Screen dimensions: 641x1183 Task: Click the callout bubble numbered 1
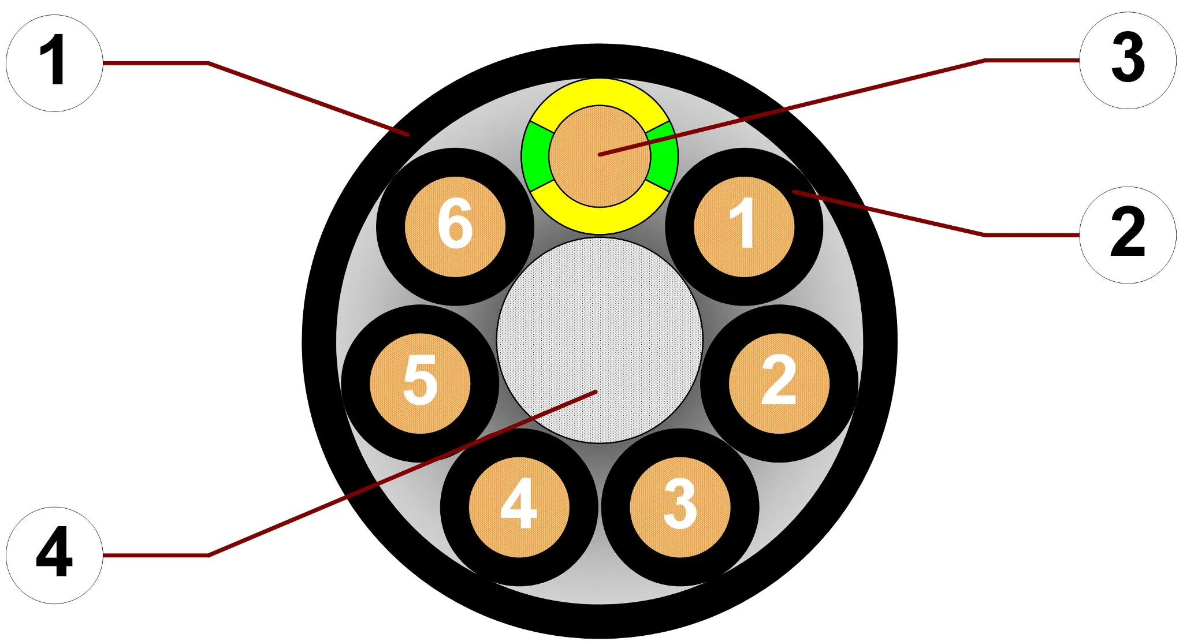click(x=54, y=63)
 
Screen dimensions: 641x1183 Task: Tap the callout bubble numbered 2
click(x=1128, y=235)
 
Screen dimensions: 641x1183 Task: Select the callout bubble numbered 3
click(x=1128, y=60)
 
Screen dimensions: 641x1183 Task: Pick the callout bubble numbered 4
click(x=54, y=555)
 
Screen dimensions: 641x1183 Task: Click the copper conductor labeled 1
click(x=744, y=226)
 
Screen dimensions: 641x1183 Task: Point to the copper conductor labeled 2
click(x=779, y=383)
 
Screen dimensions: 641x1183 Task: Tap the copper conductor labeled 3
click(x=680, y=507)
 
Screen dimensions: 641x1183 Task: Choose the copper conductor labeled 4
click(x=519, y=507)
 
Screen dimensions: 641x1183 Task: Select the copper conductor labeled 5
click(x=420, y=383)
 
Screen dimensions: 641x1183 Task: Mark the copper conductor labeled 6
click(x=455, y=226)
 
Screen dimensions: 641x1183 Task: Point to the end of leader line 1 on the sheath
click(x=409, y=135)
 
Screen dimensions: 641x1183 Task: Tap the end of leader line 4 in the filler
click(x=596, y=392)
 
